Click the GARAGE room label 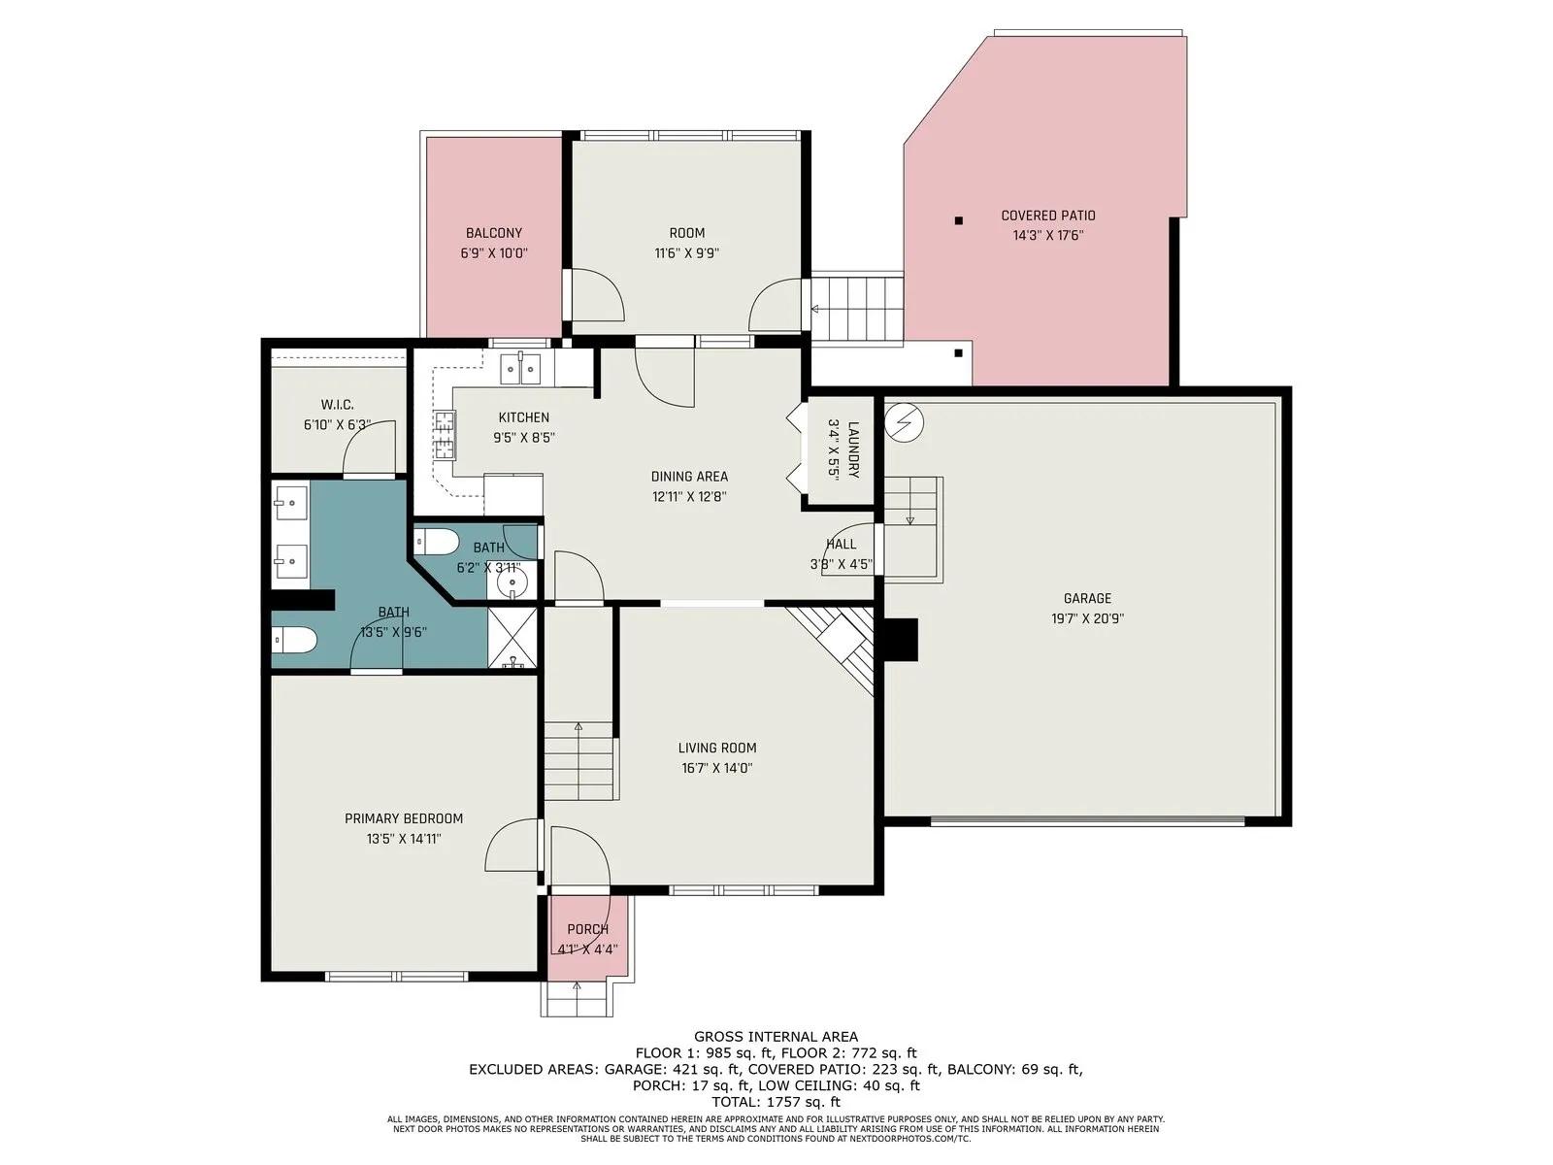(1087, 598)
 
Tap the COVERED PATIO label (1048, 216)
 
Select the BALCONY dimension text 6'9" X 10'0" (494, 253)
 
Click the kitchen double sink (520, 369)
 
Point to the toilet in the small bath (436, 543)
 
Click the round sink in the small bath (511, 584)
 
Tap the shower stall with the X (512, 637)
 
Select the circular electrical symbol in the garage (905, 422)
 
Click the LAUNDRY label (853, 449)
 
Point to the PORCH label (587, 929)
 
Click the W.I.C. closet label (338, 405)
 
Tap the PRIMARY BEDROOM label (403, 819)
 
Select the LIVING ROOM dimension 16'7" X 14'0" (716, 768)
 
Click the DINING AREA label (689, 477)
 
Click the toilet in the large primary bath (295, 641)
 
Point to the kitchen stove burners (444, 435)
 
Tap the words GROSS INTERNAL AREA (776, 1037)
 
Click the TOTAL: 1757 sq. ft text (776, 1102)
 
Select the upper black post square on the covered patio (959, 220)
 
